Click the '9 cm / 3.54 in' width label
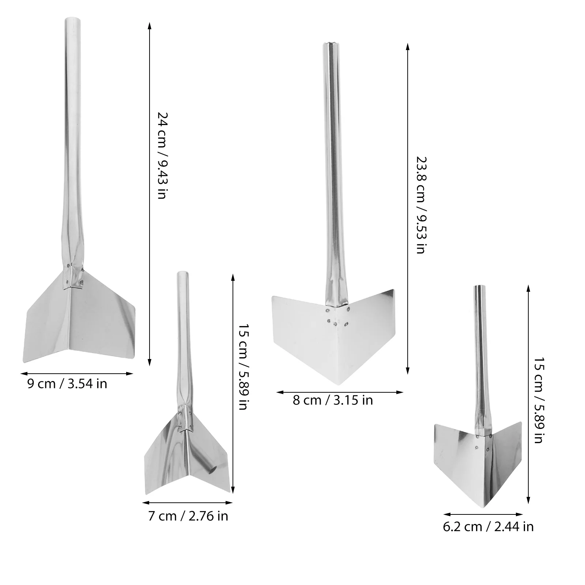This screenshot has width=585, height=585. [x=67, y=384]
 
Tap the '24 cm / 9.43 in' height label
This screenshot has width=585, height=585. [x=162, y=155]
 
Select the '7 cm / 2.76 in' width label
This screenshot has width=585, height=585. [x=188, y=516]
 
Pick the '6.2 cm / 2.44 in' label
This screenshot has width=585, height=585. [x=488, y=527]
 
